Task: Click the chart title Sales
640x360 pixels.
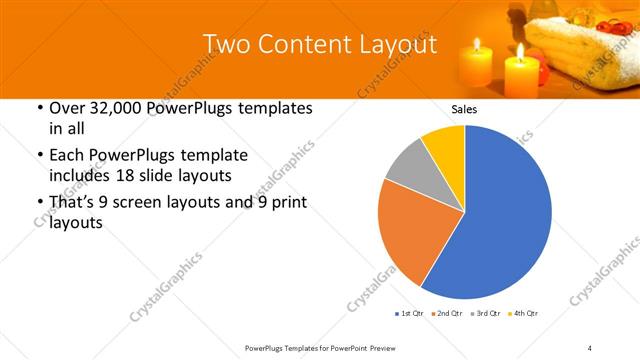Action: [x=465, y=109]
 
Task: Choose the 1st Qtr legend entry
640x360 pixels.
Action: [x=411, y=314]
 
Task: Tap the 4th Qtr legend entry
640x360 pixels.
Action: [x=526, y=314]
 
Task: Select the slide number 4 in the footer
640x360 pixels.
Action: [x=590, y=347]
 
